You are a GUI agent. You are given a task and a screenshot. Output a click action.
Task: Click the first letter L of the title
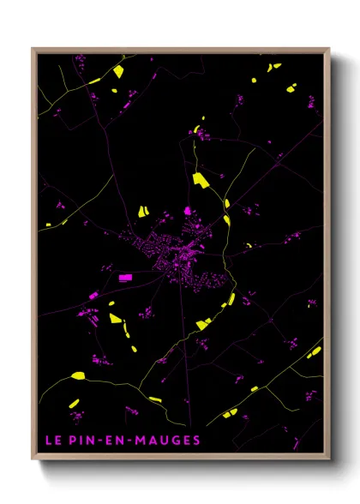pyautogui.click(x=48, y=441)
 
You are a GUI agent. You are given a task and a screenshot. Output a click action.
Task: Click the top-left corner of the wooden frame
pyautogui.click(x=33, y=49)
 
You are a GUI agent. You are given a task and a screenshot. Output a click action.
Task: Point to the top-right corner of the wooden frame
pyautogui.click(x=329, y=49)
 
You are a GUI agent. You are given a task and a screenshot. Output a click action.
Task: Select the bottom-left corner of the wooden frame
pyautogui.click(x=33, y=459)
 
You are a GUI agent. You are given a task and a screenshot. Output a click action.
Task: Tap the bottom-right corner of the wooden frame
pyautogui.click(x=329, y=459)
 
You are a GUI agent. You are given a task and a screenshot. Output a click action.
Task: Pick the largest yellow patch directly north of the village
pyautogui.click(x=201, y=179)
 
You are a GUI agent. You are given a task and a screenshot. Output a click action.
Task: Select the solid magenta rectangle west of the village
pyautogui.click(x=125, y=277)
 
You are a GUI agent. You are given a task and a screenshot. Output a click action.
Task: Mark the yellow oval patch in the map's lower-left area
pyautogui.click(x=78, y=375)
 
